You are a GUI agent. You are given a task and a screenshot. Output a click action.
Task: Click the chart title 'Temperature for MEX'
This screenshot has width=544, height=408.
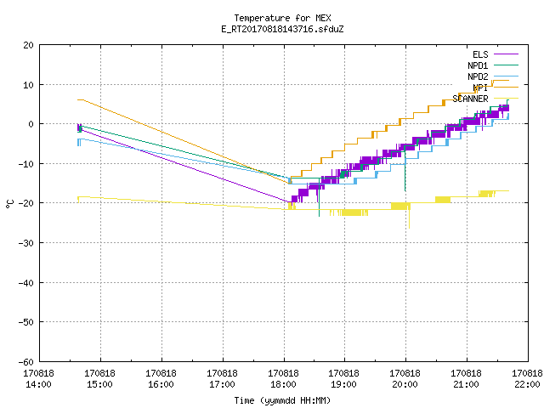click(282, 18)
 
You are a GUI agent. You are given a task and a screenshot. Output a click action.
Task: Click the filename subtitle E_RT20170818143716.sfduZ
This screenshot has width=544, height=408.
click(282, 29)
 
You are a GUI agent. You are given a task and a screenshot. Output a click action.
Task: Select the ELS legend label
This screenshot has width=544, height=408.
click(480, 54)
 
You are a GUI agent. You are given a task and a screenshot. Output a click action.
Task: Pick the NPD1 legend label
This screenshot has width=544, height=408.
click(478, 65)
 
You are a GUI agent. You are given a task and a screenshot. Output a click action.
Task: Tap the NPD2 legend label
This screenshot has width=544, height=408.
click(478, 76)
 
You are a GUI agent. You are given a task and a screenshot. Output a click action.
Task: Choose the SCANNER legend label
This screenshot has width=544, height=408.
click(470, 99)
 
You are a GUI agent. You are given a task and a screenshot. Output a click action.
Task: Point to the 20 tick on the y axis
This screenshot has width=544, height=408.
click(28, 45)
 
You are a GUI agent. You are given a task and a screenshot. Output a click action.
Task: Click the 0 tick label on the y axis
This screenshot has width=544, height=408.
click(31, 124)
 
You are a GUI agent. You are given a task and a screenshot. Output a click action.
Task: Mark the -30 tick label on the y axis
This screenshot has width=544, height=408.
click(26, 243)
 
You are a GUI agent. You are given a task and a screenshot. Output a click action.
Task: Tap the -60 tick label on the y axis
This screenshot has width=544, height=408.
click(26, 362)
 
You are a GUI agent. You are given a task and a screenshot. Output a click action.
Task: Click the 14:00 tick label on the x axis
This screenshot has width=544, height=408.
click(38, 384)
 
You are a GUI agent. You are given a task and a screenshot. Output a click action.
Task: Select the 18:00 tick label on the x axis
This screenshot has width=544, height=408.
click(283, 384)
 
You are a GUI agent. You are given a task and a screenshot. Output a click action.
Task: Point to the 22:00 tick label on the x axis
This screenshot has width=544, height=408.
click(527, 384)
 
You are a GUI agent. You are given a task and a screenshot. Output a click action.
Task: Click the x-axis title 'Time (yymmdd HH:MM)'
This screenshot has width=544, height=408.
click(282, 400)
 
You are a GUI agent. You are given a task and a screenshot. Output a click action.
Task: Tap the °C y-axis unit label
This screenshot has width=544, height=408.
click(10, 204)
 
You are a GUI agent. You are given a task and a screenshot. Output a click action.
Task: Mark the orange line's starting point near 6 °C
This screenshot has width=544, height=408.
click(77, 100)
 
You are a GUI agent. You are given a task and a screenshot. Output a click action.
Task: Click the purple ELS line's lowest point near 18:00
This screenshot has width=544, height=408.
click(289, 202)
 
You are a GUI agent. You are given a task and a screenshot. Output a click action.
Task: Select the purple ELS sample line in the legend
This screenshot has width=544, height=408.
click(507, 54)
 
